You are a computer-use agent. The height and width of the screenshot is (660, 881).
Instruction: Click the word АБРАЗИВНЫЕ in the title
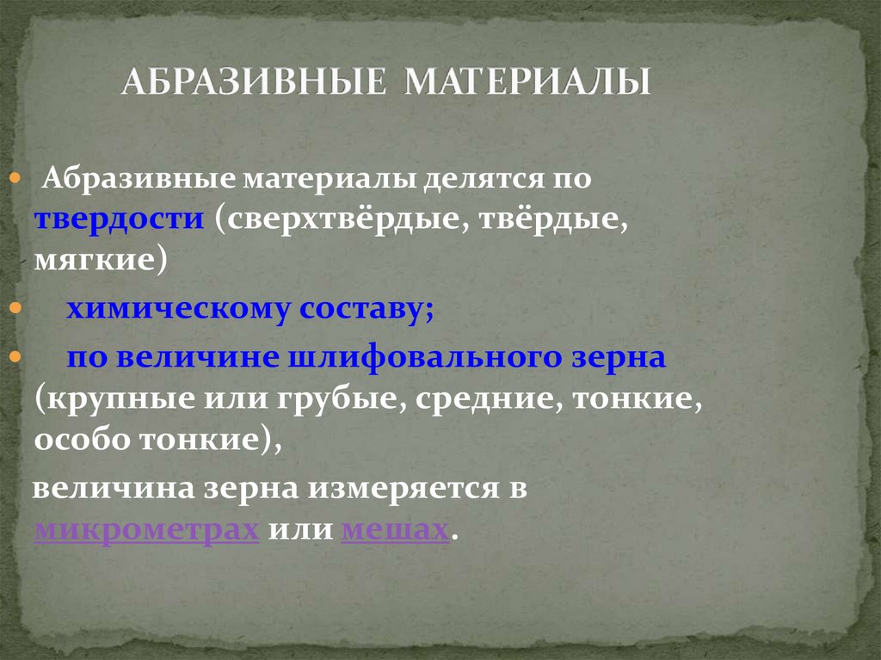point(254,82)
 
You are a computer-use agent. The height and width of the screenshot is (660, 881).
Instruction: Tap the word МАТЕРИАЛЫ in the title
point(527,82)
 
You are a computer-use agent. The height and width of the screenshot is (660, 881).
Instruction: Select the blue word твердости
point(119,218)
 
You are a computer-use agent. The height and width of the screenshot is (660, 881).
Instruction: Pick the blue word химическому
point(178,310)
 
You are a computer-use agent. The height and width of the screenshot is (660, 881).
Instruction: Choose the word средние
point(490,398)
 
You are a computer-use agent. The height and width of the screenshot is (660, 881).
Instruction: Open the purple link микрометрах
point(146,530)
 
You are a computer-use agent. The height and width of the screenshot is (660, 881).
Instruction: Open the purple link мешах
point(396,529)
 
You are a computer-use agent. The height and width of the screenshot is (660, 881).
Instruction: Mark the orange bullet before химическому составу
point(15,308)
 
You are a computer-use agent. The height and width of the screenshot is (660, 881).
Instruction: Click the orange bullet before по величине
point(15,356)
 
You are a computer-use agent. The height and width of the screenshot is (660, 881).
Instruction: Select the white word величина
point(114,487)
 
